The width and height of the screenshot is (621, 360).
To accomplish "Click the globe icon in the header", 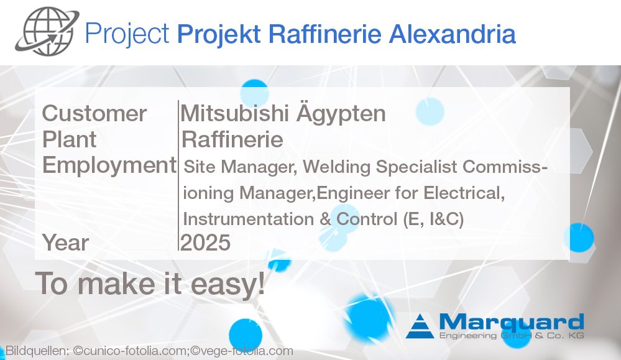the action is (47, 31).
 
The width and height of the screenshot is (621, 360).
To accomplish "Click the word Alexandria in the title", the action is (453, 34).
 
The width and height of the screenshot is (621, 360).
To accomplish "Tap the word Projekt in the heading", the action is (219, 34).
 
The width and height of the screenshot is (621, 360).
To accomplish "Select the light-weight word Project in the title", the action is (127, 34).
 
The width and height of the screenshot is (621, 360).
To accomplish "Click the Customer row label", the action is (94, 114).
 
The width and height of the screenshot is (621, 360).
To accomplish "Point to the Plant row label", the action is (69, 139).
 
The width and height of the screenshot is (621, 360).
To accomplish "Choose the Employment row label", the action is (109, 165).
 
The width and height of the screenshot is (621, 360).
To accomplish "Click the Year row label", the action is (65, 242).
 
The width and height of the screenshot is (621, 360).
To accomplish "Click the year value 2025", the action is (205, 242).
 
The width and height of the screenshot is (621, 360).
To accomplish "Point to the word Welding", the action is (337, 167).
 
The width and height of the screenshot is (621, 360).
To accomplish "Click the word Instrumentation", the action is (249, 219).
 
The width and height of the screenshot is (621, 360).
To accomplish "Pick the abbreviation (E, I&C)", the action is (433, 219).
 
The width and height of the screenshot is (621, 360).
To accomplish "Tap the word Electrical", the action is (464, 193).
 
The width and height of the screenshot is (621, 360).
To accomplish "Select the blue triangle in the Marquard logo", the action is (420, 326).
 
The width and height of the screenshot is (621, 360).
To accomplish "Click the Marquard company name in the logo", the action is (512, 322).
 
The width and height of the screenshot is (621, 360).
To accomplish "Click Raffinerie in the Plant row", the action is (232, 139).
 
